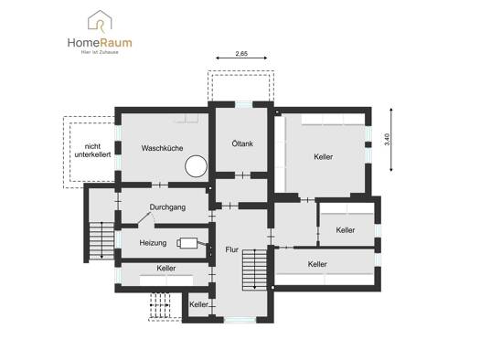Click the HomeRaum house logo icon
(x=100, y=21)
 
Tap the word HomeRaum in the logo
(x=100, y=43)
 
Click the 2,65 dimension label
(x=241, y=54)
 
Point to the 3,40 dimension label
(x=387, y=140)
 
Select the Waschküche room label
(x=162, y=148)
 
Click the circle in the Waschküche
(x=196, y=166)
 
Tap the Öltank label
(x=242, y=143)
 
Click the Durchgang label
(x=167, y=207)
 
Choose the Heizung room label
(x=153, y=243)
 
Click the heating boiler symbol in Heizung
(x=187, y=243)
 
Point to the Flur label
(x=231, y=249)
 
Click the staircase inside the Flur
(x=255, y=270)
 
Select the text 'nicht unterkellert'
(x=92, y=151)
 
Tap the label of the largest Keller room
(x=324, y=157)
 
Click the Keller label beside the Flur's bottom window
(x=198, y=304)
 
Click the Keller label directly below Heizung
(x=166, y=269)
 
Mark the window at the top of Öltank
(x=244, y=104)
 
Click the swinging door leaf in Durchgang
(x=144, y=218)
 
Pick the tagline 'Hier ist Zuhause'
(x=100, y=52)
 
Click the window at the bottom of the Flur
(x=240, y=320)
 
